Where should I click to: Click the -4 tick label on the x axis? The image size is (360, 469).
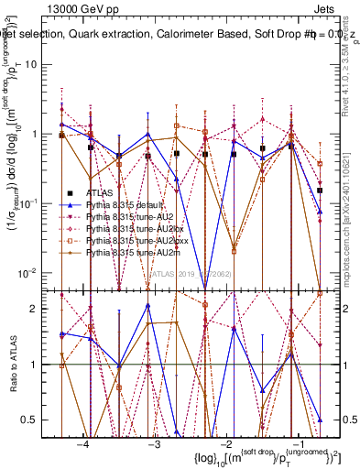(82, 443)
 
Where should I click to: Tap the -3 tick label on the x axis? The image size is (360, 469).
(155, 443)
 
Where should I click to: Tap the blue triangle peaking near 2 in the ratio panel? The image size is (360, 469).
(147, 306)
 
